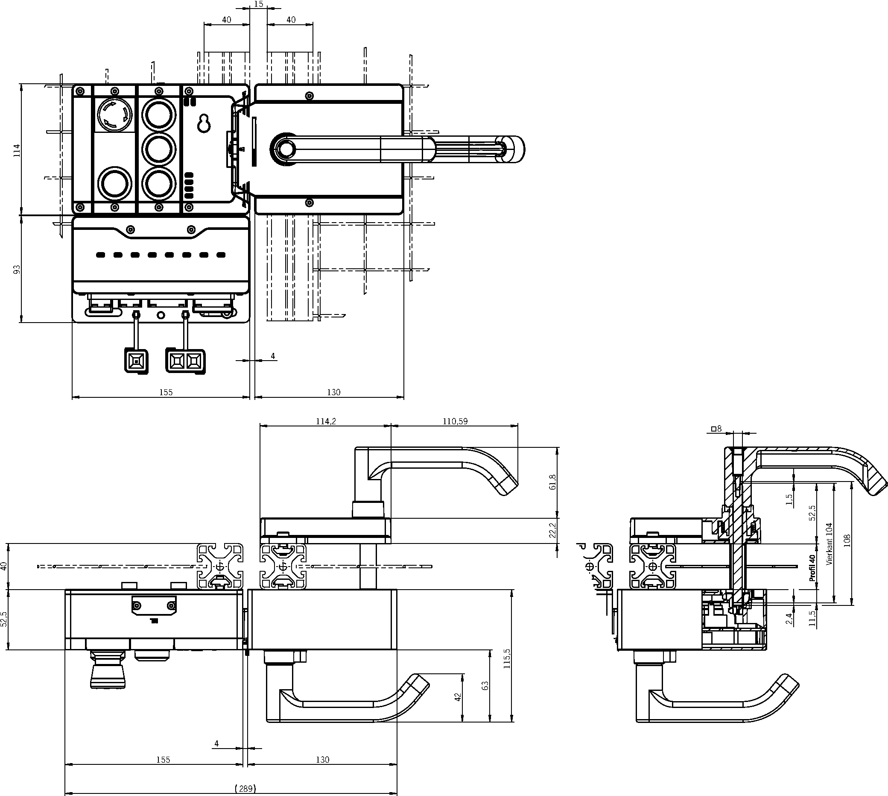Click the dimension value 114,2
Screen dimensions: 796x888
326,421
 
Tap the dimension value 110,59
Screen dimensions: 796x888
455,421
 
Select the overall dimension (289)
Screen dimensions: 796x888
245,788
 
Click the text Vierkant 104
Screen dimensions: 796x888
830,543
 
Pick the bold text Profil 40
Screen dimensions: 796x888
812,568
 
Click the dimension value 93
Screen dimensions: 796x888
17,270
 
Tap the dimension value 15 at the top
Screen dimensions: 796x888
258,4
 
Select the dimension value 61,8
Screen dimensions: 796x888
553,482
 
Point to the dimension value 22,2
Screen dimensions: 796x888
553,530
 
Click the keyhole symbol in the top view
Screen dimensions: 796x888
204,123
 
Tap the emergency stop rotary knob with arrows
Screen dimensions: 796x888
115,114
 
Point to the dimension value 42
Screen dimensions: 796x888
458,696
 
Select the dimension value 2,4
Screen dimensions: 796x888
789,618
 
